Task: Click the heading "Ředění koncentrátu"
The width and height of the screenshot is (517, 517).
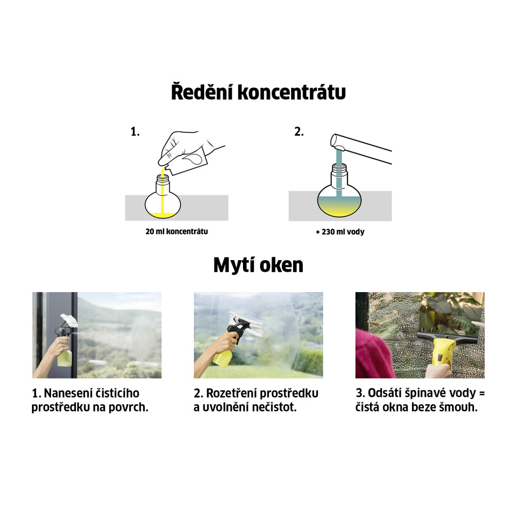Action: [258, 93]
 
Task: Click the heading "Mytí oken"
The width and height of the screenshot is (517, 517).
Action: [258, 265]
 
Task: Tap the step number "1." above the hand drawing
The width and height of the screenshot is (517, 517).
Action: [135, 132]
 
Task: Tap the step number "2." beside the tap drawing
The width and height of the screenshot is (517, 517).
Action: [299, 132]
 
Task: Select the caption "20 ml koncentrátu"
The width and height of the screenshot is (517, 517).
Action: [177, 232]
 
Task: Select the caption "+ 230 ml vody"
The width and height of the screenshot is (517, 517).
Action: [340, 232]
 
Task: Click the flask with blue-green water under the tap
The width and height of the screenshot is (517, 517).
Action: [339, 199]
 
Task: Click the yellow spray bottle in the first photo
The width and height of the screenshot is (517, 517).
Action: [65, 359]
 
